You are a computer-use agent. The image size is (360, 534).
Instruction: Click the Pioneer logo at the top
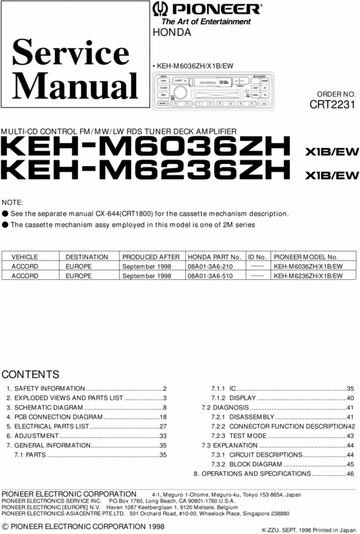pyautogui.click(x=206, y=9)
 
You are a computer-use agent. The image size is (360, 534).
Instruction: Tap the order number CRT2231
pyautogui.click(x=332, y=104)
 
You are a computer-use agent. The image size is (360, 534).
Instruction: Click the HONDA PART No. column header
pyautogui.click(x=213, y=256)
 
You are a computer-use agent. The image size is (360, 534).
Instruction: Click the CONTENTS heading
pyautogui.click(x=31, y=374)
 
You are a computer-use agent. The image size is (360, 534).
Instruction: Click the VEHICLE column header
pyautogui.click(x=25, y=256)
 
